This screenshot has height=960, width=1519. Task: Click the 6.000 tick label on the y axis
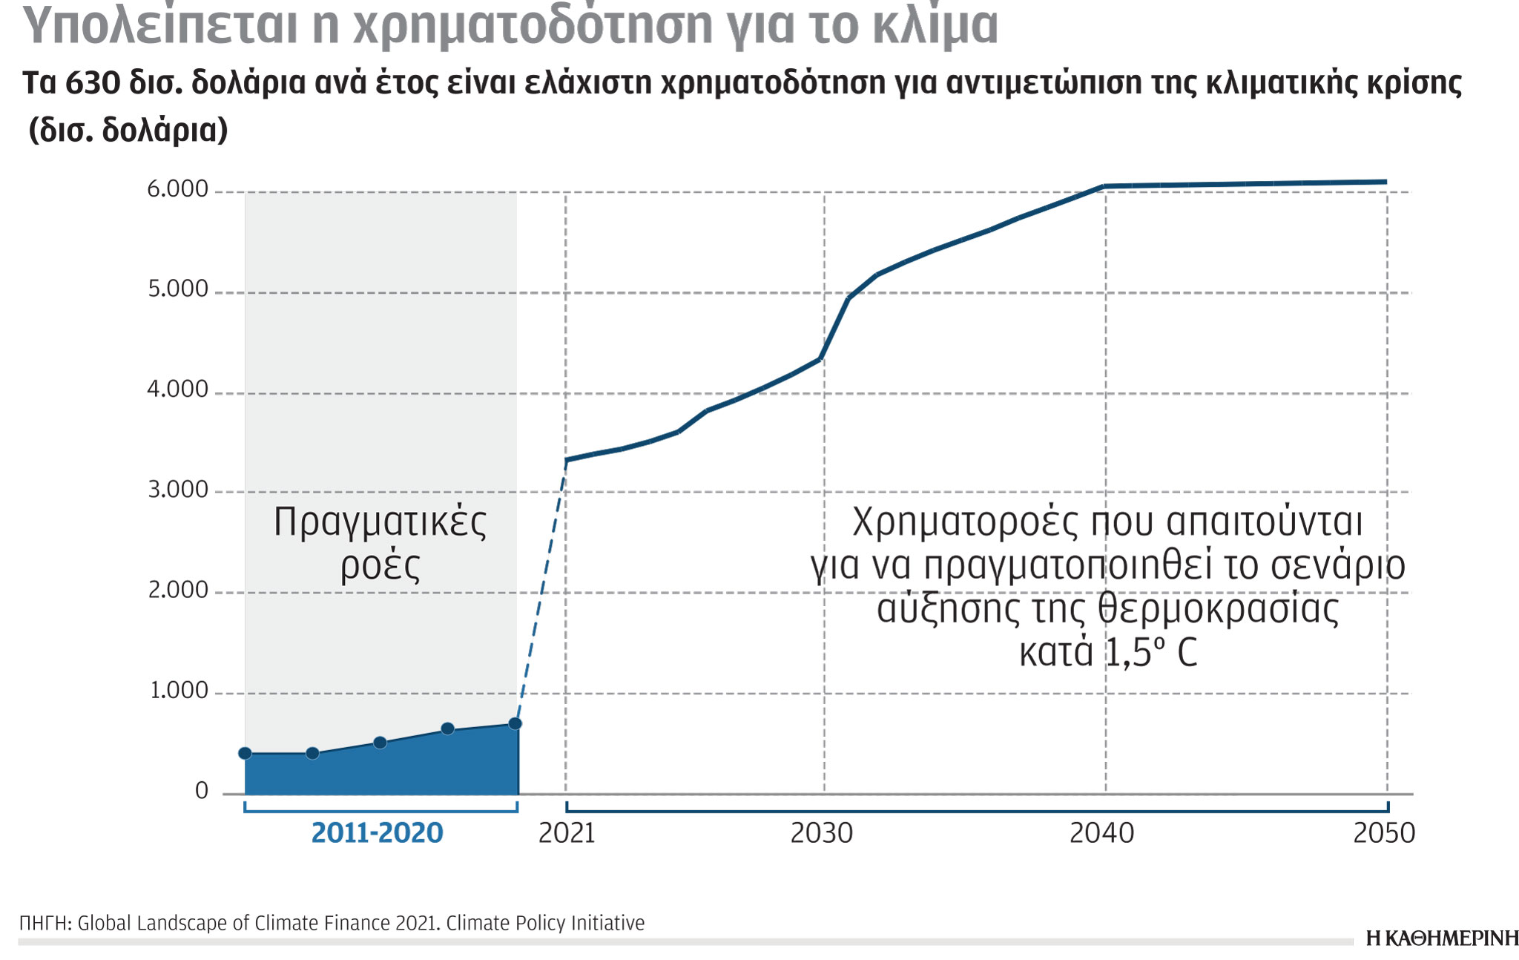tap(177, 190)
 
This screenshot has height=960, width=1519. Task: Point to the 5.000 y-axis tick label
tap(178, 289)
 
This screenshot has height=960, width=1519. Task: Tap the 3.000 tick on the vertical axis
tap(178, 490)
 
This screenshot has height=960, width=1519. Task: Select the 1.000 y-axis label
tap(179, 691)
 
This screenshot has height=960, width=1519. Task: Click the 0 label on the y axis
tap(202, 792)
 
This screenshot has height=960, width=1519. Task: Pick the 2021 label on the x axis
tap(567, 834)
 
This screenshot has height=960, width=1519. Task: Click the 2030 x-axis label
tap(822, 834)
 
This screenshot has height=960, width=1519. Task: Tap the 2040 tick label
tap(1102, 834)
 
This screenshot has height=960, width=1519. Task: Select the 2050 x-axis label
tap(1384, 834)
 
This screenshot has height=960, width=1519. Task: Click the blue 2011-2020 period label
tap(377, 834)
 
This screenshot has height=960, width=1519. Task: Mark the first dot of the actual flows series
tap(246, 754)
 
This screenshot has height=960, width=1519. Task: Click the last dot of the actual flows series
tap(515, 724)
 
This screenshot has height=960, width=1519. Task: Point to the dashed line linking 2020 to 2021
tap(541, 594)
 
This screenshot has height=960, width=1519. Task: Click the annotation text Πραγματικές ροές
tap(380, 543)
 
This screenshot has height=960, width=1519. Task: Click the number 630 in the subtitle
tap(93, 84)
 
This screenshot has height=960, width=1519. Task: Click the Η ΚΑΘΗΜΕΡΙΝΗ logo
tap(1441, 938)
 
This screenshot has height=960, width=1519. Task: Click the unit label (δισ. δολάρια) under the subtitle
tap(128, 131)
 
